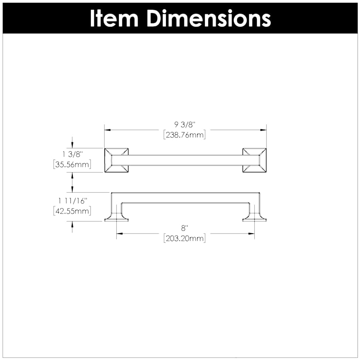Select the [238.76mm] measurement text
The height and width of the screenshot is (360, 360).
point(184,135)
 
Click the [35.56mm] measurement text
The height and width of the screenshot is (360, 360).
point(72,164)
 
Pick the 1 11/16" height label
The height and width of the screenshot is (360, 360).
point(72,201)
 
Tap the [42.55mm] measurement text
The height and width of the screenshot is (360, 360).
point(72,211)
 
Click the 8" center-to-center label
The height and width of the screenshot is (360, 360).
point(184,228)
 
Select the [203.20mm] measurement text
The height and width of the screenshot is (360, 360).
point(184,239)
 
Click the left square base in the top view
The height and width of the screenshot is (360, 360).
point(116,160)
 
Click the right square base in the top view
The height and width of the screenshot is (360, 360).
point(254,160)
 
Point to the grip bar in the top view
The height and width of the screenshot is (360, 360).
point(185,160)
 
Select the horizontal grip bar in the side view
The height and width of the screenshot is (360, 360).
point(185,197)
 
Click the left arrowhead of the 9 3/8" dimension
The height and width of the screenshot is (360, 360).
point(107,130)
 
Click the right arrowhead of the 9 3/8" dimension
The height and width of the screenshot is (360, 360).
point(264,130)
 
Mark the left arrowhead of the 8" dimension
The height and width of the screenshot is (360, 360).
point(119,233)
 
